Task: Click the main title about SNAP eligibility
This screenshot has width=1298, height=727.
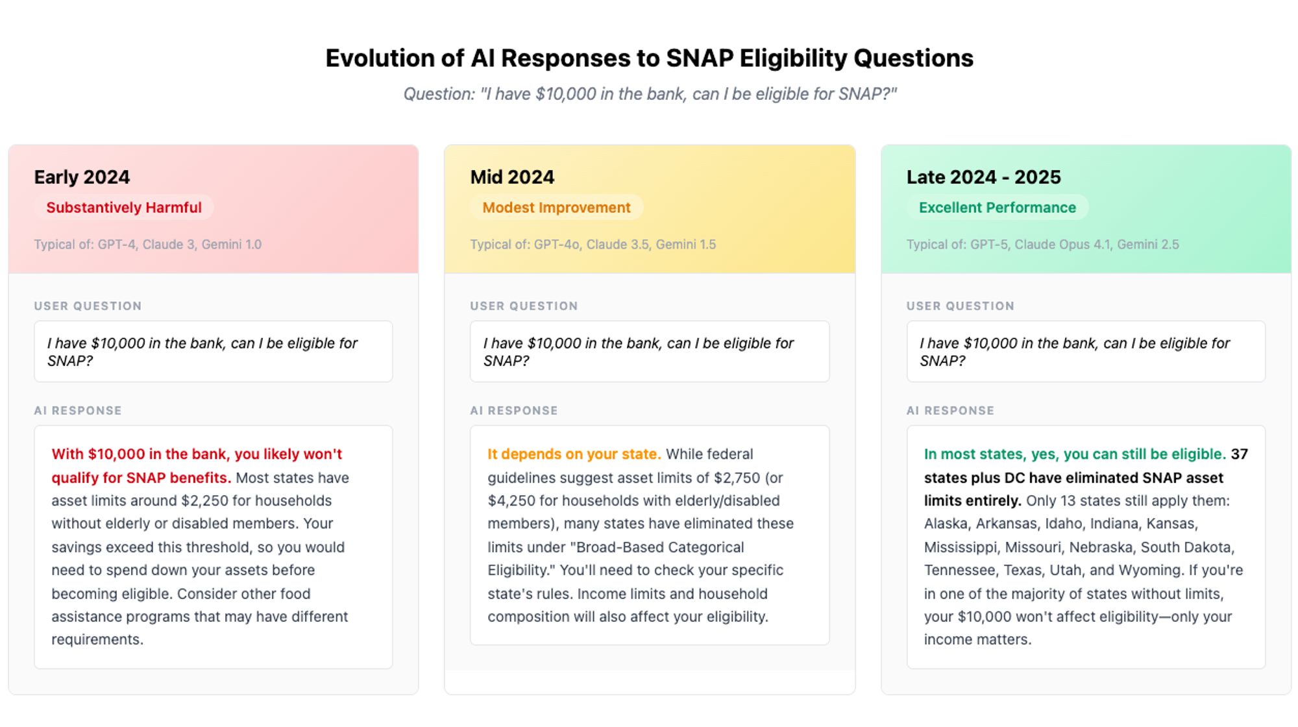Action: (x=649, y=58)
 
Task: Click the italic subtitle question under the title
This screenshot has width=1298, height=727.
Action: (x=650, y=94)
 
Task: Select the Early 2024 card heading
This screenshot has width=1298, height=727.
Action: (x=82, y=177)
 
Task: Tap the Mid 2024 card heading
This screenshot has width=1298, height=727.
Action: (x=512, y=177)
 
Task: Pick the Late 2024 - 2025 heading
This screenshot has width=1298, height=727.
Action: (x=983, y=177)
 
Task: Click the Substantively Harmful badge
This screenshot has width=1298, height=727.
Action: (x=124, y=208)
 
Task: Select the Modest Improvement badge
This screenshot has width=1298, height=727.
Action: (x=556, y=208)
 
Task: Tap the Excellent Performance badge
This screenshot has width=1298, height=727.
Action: (x=997, y=208)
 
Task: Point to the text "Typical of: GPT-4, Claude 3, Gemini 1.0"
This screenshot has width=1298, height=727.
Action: (x=148, y=245)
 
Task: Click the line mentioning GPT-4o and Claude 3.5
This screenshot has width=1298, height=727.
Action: (x=593, y=245)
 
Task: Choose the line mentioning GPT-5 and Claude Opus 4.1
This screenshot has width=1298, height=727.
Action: (x=1042, y=245)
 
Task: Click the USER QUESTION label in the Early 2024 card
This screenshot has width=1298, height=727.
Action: (x=88, y=306)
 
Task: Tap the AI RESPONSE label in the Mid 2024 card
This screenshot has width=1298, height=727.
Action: (x=514, y=411)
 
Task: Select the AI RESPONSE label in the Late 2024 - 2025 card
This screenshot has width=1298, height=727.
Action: (x=950, y=411)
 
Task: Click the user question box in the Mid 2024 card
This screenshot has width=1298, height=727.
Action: (x=650, y=352)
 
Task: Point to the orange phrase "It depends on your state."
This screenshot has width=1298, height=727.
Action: (x=574, y=454)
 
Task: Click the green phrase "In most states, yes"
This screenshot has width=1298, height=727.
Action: (x=992, y=454)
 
